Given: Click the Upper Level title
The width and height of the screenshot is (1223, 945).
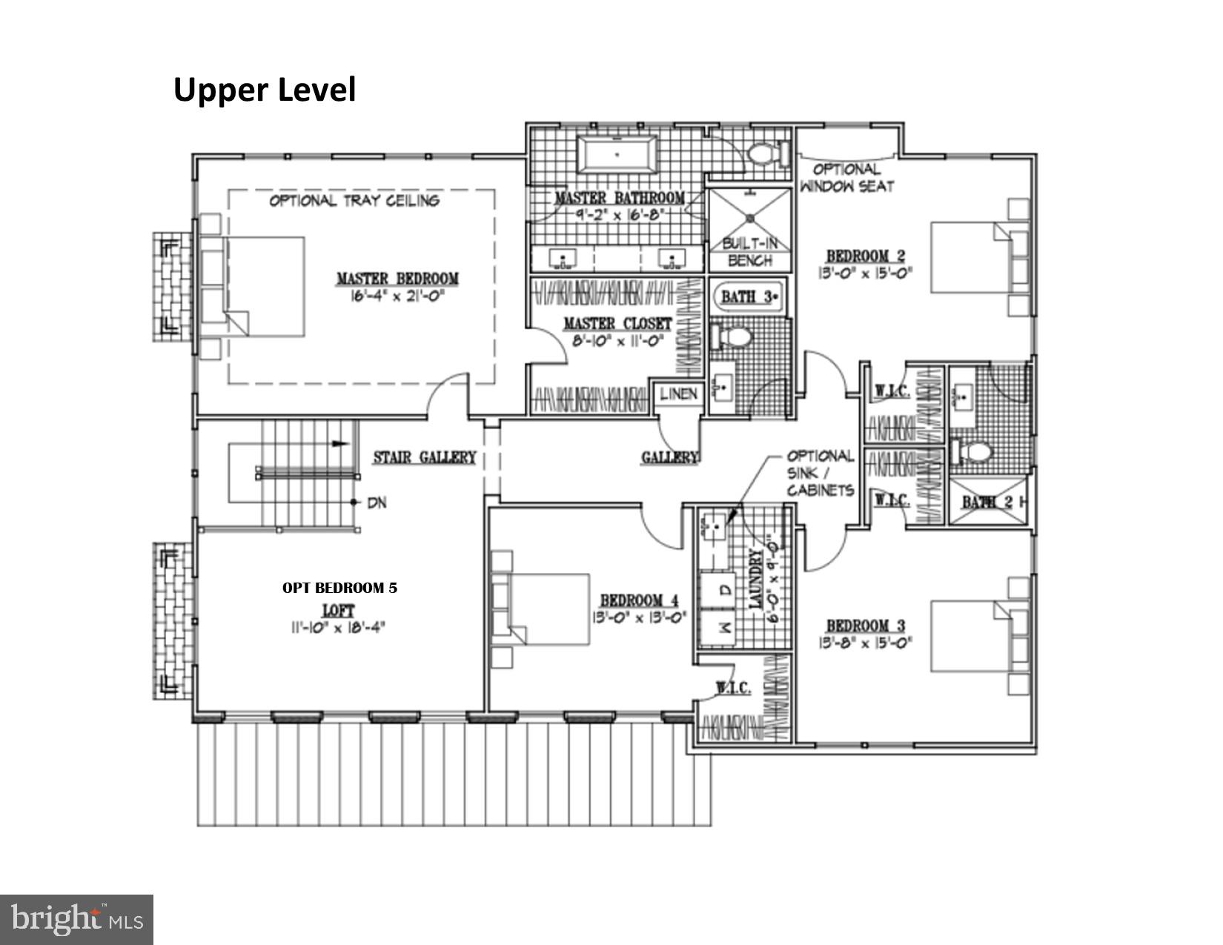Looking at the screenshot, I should click(x=265, y=90).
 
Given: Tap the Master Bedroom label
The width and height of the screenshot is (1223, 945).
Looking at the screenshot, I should click(x=397, y=279).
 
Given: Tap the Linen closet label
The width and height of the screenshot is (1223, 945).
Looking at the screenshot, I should click(x=678, y=394).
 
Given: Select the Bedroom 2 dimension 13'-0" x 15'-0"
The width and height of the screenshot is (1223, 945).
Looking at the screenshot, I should click(x=865, y=272).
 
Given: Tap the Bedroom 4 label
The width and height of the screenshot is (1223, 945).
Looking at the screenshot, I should click(x=639, y=600).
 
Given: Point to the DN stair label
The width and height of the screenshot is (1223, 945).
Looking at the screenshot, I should click(x=377, y=503).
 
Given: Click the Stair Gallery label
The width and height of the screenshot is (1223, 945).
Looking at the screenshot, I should click(x=424, y=457).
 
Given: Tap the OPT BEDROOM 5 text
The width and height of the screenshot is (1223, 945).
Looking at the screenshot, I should click(x=339, y=588).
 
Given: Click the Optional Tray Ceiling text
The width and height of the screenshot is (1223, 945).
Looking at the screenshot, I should click(x=354, y=200).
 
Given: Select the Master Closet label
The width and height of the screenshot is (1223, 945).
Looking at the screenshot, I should click(x=617, y=324).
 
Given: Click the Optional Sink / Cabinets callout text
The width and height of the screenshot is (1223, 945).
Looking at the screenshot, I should click(x=820, y=473).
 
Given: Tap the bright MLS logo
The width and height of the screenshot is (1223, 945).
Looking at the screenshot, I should click(x=76, y=920).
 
